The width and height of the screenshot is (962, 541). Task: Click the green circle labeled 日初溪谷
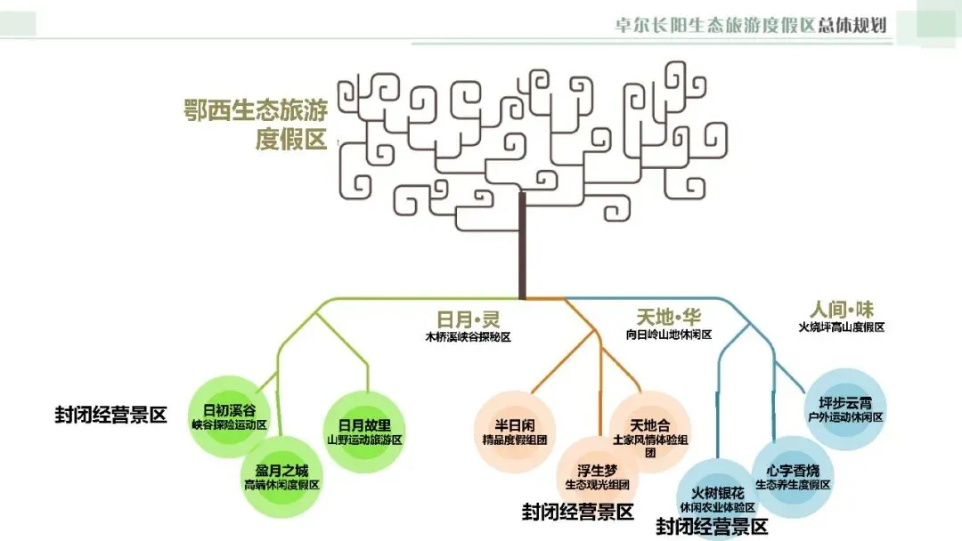point(229,417)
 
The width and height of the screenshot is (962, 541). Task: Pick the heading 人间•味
point(842,310)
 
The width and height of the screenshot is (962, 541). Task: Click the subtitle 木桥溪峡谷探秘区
point(468,337)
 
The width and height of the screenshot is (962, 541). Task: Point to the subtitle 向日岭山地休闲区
point(669,335)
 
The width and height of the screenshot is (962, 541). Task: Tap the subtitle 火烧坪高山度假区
point(842,327)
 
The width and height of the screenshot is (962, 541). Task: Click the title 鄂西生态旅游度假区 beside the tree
point(256,125)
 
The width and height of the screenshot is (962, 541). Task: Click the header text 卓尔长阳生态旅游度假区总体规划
point(752,24)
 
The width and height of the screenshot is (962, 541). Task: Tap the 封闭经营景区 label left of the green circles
point(110,416)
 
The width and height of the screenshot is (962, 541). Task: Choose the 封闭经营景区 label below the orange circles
point(578,513)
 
